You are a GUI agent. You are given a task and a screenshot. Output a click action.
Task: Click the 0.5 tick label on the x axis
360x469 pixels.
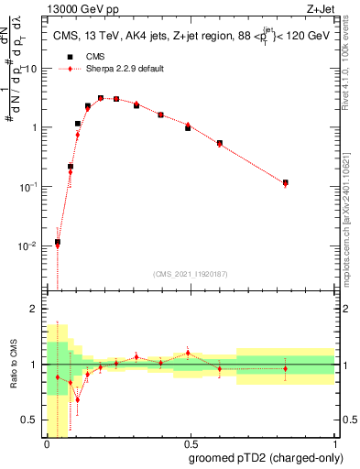click(x=191, y=444)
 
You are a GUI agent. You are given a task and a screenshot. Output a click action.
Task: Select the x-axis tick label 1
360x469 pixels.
click(x=334, y=444)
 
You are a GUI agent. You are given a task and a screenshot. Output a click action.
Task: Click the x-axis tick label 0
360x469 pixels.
click(x=47, y=444)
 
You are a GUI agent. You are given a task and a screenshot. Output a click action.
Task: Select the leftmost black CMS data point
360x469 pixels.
click(x=58, y=242)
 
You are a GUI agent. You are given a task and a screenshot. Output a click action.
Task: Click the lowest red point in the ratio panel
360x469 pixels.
click(x=78, y=399)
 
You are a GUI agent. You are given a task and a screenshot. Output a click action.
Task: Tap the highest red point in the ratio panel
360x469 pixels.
click(x=188, y=353)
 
